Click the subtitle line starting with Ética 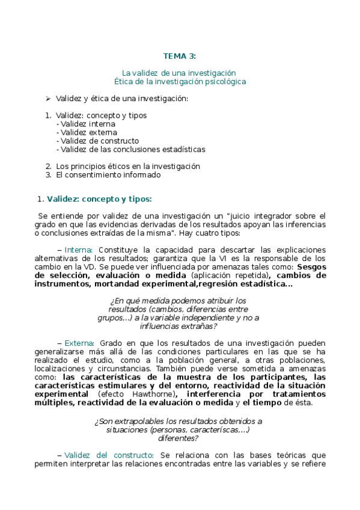180,81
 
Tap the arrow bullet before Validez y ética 47,98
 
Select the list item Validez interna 88,124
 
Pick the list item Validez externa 88,132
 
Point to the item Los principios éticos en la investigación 127,166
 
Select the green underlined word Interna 78,250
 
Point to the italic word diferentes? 178,438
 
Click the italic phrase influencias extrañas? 178,326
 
